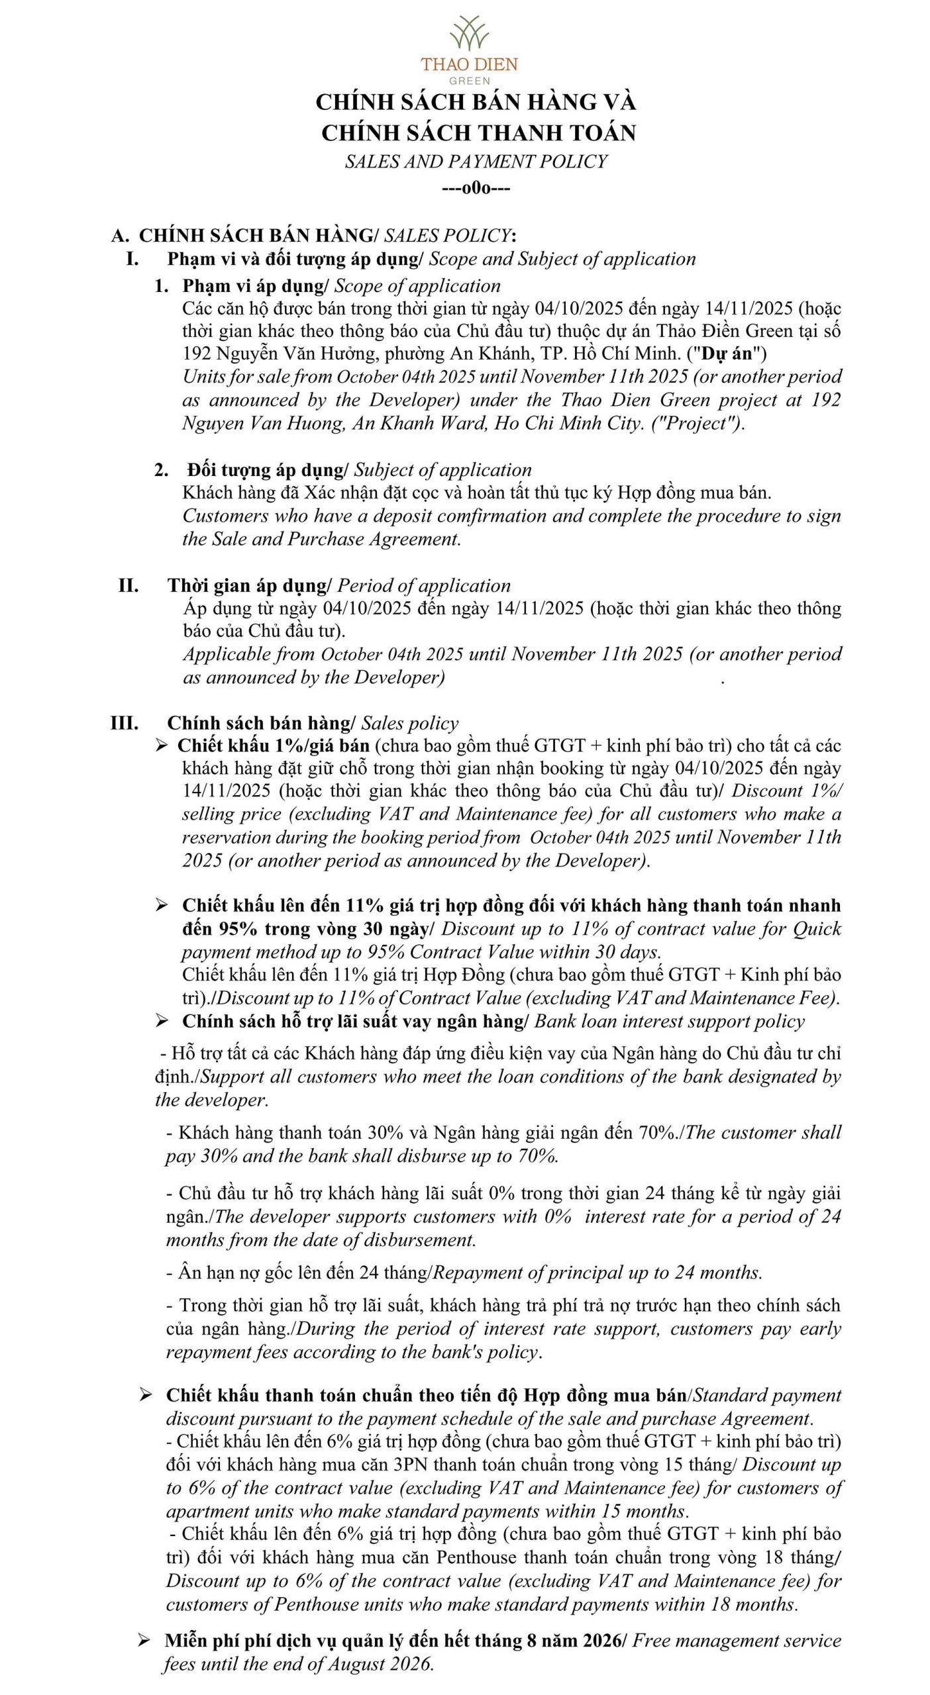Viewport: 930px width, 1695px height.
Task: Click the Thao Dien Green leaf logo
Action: click(469, 33)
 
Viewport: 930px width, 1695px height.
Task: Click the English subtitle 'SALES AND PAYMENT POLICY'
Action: click(476, 162)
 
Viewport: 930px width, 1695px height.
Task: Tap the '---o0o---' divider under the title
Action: click(476, 189)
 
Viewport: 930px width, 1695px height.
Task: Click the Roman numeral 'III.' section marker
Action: click(125, 722)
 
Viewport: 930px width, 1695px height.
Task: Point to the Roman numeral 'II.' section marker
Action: click(129, 585)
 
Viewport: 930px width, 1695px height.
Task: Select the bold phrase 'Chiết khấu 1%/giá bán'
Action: click(273, 746)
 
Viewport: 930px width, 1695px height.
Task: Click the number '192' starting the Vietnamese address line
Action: click(197, 354)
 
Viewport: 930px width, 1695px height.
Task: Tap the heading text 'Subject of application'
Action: click(442, 470)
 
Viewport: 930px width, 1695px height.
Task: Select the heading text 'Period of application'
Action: click(424, 585)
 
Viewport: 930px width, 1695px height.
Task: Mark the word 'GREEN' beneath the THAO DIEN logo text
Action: click(469, 81)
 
